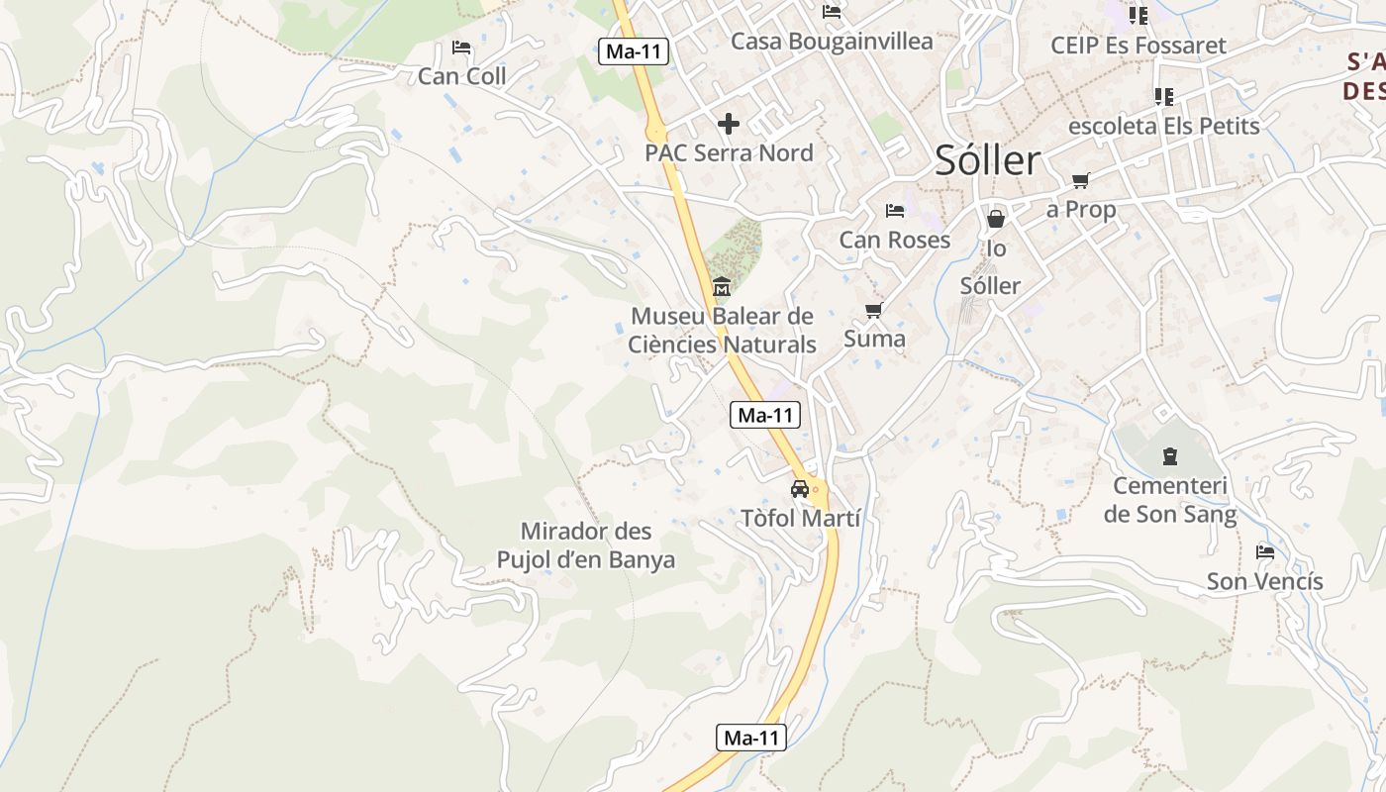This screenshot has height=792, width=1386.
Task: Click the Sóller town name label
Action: coord(988,160)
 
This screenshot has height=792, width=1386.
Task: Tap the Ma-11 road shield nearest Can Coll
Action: coord(634,52)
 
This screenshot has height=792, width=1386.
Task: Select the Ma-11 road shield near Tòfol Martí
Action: coord(765,415)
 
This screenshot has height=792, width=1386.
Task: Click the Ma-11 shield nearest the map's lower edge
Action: coord(751,738)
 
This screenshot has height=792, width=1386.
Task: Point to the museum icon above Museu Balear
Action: coord(722,287)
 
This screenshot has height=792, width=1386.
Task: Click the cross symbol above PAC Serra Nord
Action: coord(729,124)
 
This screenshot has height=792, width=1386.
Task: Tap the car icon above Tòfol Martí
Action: coord(800,488)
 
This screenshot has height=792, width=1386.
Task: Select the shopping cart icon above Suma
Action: coord(873,311)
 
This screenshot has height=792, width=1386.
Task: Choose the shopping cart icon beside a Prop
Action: coord(1080,181)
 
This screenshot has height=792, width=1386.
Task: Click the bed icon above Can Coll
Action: coord(461,48)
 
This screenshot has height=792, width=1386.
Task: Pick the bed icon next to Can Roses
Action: coord(895,211)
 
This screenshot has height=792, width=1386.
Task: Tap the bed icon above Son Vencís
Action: coord(1265,552)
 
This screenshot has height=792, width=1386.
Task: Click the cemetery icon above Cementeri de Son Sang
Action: coord(1170,456)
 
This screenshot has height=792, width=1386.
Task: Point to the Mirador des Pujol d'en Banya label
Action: coord(586,545)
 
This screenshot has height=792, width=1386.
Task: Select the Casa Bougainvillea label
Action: coord(832,42)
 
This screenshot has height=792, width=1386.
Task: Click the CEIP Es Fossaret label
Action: coord(1138,46)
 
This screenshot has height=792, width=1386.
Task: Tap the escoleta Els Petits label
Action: coord(1164,126)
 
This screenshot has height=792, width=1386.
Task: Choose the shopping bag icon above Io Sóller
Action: coord(996,219)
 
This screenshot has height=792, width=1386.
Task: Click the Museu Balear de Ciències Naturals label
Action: coord(722,331)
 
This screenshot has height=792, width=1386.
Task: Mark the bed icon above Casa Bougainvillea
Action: coord(832,12)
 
